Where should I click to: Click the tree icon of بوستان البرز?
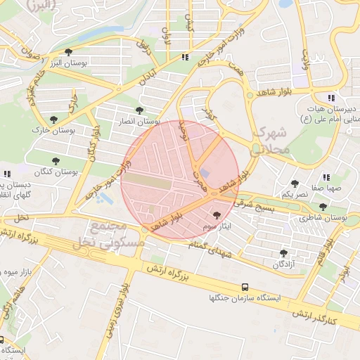pyautogui.click(x=68, y=53)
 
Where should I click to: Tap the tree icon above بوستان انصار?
pyautogui.click(x=140, y=110)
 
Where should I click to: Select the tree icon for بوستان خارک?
pyautogui.click(x=54, y=120)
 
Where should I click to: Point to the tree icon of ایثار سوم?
pyautogui.click(x=216, y=217)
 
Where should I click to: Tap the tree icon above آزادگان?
pyautogui.click(x=284, y=252)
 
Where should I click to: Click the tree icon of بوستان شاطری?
pyautogui.click(x=323, y=207)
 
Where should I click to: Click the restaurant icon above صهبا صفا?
pyautogui.click(x=326, y=178)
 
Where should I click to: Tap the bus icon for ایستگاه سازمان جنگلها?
pyautogui.click(x=245, y=287)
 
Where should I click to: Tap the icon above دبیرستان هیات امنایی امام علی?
pyautogui.click(x=330, y=97)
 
